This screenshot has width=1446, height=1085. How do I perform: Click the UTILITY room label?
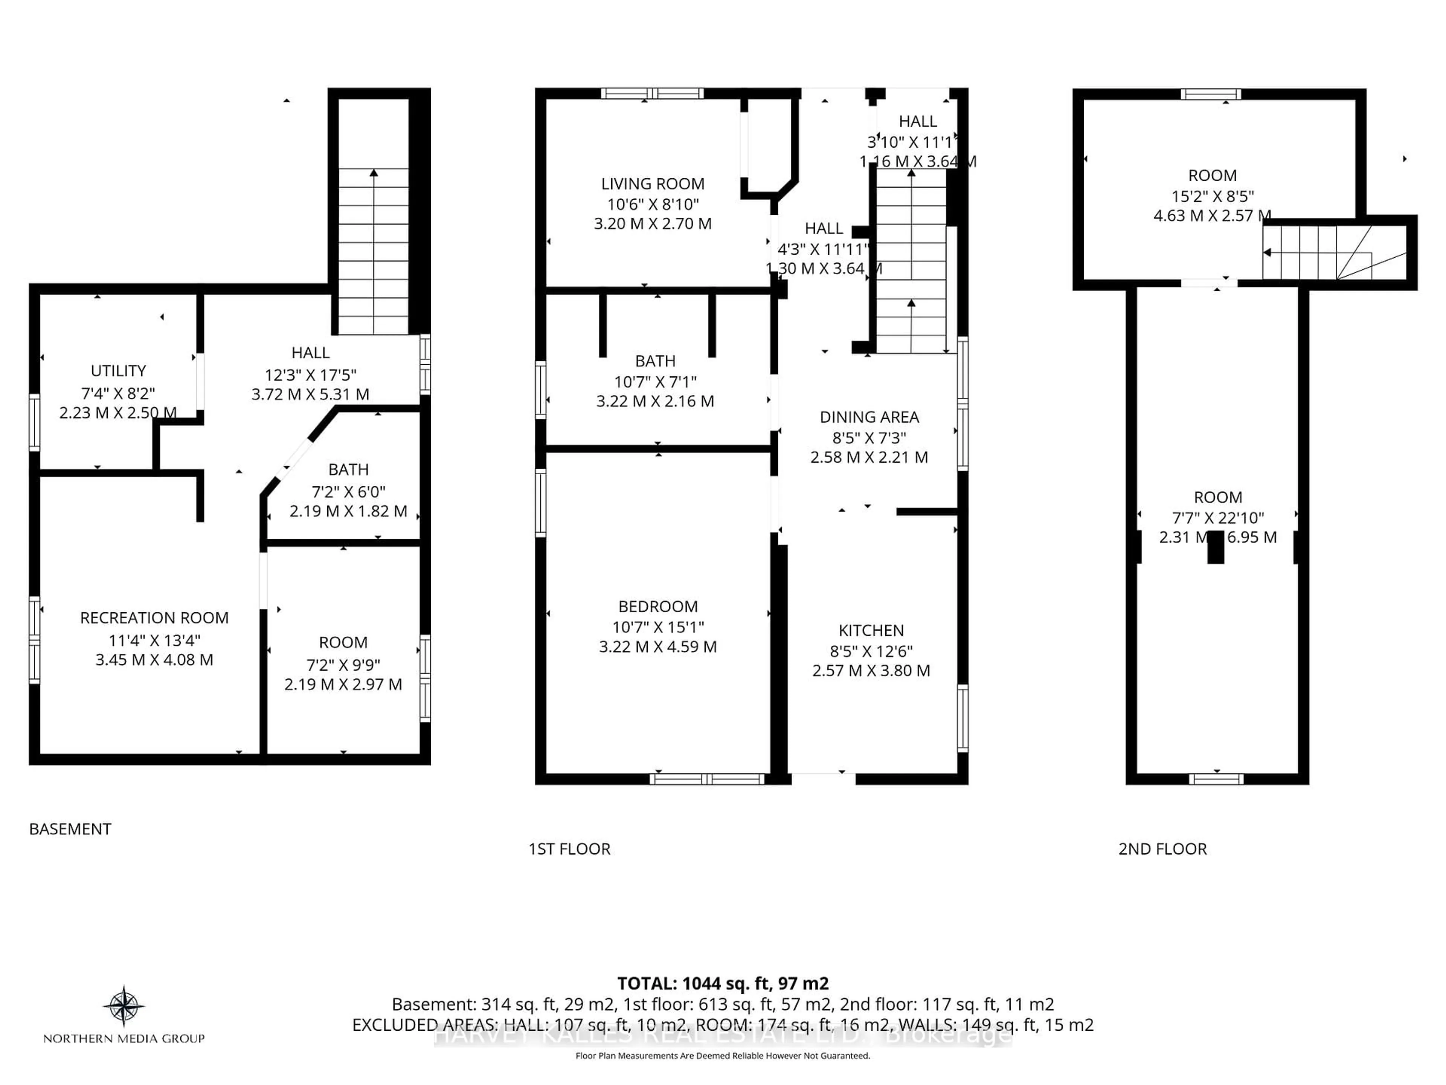click(118, 371)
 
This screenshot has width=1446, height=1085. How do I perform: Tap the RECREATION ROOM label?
click(154, 618)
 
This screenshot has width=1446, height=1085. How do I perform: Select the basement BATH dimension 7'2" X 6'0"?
click(348, 491)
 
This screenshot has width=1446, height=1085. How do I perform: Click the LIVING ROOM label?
click(653, 184)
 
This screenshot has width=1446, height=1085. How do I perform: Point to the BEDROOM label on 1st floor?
click(657, 606)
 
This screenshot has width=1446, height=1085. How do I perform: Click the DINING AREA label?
click(869, 417)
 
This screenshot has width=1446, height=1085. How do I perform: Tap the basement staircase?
click(373, 252)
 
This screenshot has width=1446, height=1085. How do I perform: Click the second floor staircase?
click(1314, 252)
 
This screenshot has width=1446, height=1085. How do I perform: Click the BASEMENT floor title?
click(70, 829)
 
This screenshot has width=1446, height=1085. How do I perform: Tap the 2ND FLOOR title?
click(1162, 849)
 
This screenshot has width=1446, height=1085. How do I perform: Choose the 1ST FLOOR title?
click(569, 849)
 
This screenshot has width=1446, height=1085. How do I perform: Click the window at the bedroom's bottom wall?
click(707, 779)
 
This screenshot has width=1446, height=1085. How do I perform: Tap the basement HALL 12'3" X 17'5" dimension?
click(311, 375)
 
